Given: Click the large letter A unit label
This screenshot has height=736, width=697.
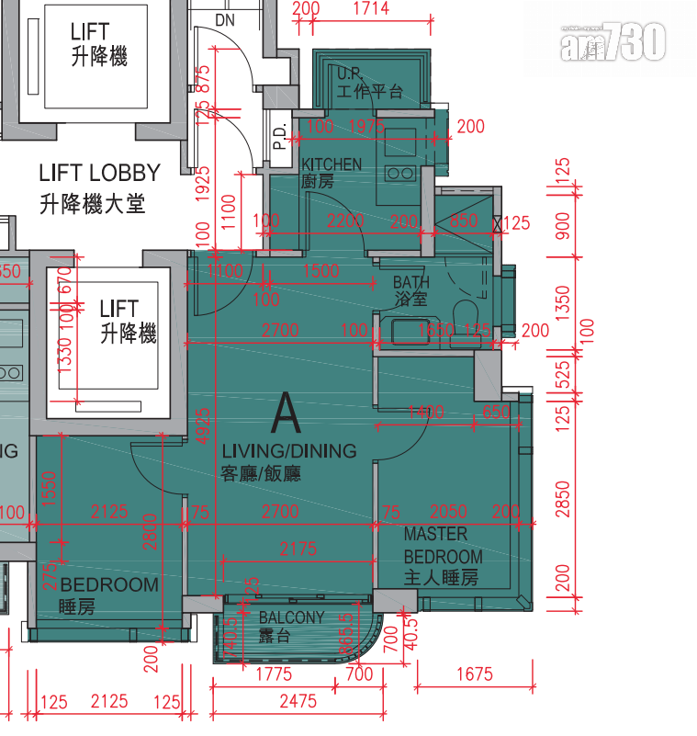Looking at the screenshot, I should [286, 413].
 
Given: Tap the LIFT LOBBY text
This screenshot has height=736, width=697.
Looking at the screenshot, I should [99, 173].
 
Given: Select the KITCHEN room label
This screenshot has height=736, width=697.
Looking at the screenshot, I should [332, 164].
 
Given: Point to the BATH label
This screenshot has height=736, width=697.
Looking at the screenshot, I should [410, 282].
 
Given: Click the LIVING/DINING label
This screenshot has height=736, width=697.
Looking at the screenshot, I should [288, 451].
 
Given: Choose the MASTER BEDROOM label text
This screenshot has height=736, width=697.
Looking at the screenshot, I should [442, 545].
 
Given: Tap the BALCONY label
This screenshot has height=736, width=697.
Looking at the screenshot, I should [291, 617].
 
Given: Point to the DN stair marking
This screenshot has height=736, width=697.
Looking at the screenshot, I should [225, 19].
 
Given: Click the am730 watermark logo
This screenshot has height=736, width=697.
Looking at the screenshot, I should [613, 41].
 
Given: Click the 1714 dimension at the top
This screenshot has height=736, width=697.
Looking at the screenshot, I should [370, 9].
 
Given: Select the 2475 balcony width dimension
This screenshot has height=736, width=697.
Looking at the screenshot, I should [298, 701].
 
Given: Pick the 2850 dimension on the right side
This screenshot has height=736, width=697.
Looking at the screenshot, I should [563, 498].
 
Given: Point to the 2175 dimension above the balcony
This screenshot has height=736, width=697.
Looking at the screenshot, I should [298, 549].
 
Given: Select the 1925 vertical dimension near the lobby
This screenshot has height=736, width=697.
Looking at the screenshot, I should [204, 184].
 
